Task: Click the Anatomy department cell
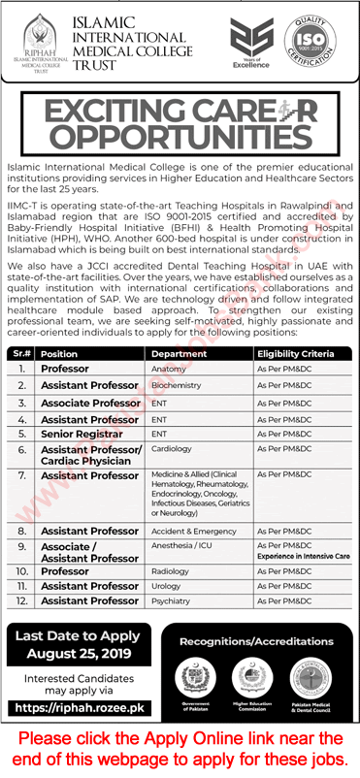(x=168, y=370)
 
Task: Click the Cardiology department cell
(x=172, y=451)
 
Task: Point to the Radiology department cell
(x=171, y=571)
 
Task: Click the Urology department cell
(x=167, y=586)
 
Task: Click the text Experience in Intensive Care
(x=301, y=558)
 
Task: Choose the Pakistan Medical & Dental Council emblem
(x=311, y=676)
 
